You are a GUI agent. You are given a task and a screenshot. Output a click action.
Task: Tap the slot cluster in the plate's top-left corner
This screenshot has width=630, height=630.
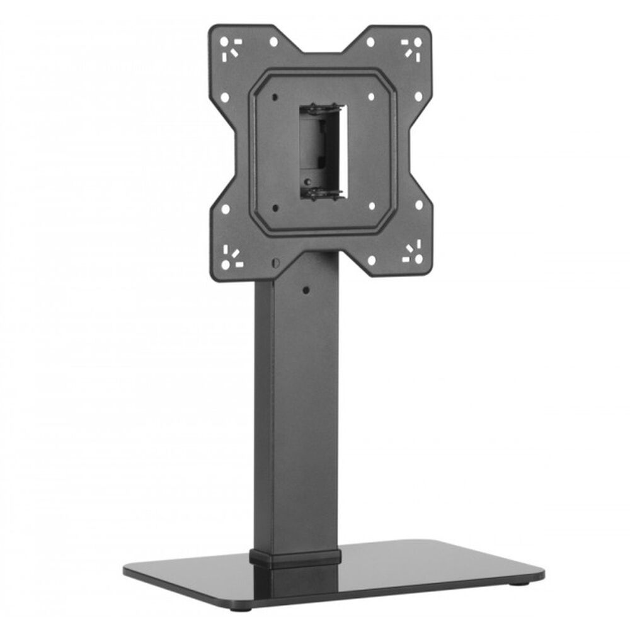pos(231,48)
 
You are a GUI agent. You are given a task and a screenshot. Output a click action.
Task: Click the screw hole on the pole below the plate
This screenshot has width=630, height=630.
pos(306,290)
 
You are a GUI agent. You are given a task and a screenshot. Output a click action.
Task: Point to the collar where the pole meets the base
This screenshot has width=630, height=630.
pos(295,556)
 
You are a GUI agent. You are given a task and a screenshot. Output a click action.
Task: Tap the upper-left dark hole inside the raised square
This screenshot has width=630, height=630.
pos(276,97)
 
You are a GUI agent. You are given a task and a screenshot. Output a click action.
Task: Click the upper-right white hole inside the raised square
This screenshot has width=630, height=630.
pos(371,96)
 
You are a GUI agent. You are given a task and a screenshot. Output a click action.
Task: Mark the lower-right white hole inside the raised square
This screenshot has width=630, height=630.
pos(372,205)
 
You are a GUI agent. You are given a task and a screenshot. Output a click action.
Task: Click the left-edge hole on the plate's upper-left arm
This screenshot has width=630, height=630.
pos(225,98)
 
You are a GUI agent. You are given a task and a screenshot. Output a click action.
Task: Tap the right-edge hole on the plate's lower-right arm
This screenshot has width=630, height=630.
pos(418,205)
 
